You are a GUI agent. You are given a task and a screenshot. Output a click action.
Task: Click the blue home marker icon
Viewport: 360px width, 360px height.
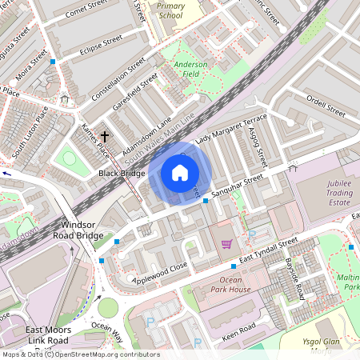(180, 172)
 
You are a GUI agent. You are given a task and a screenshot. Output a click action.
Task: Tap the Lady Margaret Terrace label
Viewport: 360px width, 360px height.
(237, 129)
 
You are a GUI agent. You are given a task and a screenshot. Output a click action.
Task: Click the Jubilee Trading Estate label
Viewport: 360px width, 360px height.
(328, 192)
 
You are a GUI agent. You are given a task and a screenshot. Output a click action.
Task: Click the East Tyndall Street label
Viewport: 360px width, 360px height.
(267, 248)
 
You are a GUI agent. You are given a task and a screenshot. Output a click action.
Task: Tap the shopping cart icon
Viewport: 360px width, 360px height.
(226, 243)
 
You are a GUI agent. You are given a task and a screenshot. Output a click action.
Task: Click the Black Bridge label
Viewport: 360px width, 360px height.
(122, 173)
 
